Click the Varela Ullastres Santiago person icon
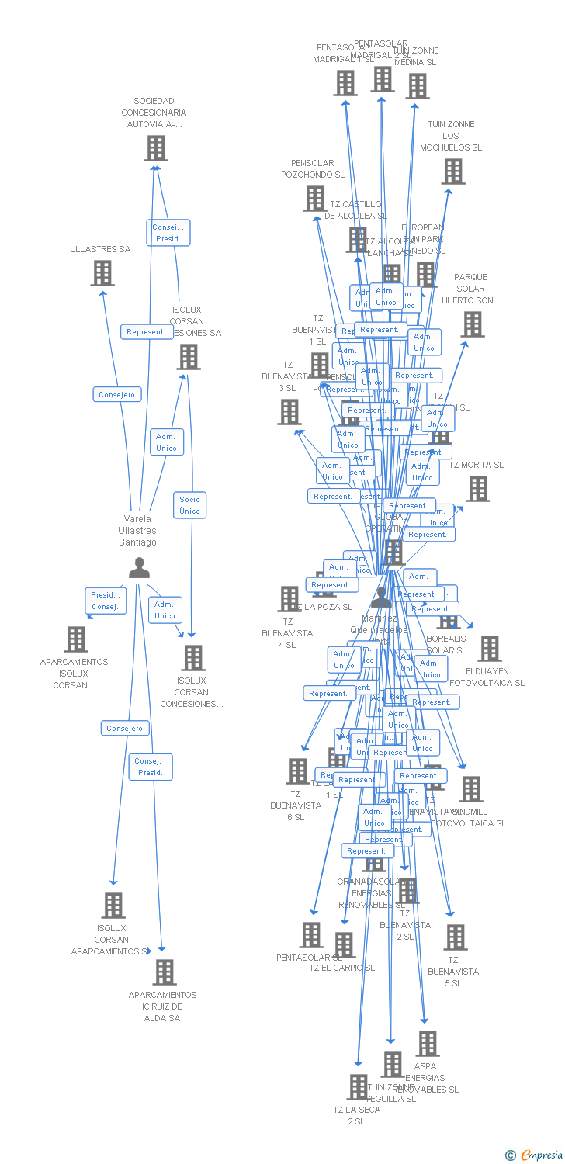coord(139,569)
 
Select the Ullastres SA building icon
coord(102,273)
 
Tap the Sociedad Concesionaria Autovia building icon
coord(156,147)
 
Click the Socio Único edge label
coord(189,505)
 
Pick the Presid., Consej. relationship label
coord(105,601)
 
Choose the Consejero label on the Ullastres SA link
coord(117,394)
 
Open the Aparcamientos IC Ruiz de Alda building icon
coord(164,972)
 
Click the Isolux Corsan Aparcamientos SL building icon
coord(113,905)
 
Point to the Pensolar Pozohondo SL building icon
coord(314,199)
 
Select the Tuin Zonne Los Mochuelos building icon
coord(453,171)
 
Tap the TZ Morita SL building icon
coord(478,489)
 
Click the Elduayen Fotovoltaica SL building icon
coord(490,649)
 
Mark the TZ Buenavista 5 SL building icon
coord(456,937)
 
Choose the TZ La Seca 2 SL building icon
coord(358,1087)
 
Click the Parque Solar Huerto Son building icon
coord(473,324)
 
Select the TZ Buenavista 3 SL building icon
coord(289,412)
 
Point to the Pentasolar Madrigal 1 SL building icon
coord(345,83)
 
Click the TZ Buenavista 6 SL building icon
coord(297,771)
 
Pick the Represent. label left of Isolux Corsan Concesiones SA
coord(147,332)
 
